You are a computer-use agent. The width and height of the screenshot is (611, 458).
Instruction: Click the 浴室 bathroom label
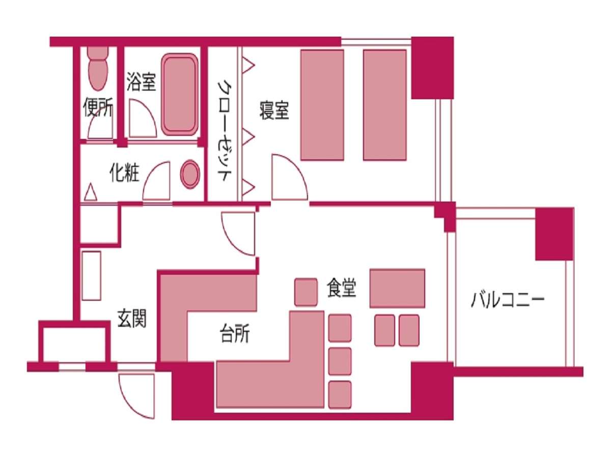141,82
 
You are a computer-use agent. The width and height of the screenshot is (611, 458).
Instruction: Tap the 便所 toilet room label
98,107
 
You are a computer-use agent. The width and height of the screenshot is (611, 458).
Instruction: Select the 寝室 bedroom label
274,110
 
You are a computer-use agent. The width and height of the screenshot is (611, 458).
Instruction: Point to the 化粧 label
124,173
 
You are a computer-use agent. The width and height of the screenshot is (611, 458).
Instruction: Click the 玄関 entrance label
132,319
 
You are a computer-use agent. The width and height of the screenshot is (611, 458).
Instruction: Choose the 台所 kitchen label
234,333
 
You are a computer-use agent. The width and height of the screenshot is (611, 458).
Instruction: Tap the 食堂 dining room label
342,289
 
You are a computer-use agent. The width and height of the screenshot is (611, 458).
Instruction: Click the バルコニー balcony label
508,301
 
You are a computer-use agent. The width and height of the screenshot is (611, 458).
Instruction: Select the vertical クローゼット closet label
225,131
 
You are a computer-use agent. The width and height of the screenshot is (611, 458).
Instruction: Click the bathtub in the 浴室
180,95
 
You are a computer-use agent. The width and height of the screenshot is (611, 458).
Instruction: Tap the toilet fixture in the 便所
98,68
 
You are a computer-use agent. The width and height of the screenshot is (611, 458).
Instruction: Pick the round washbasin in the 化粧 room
190,174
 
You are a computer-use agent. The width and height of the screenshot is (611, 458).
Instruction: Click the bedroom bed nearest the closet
322,105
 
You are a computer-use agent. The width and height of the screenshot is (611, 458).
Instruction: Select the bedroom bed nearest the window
385,105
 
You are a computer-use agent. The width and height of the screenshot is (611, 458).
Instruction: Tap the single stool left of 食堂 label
306,292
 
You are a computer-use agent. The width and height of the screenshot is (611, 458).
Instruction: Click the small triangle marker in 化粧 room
91,192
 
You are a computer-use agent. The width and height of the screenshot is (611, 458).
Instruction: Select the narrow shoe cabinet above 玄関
91,276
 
